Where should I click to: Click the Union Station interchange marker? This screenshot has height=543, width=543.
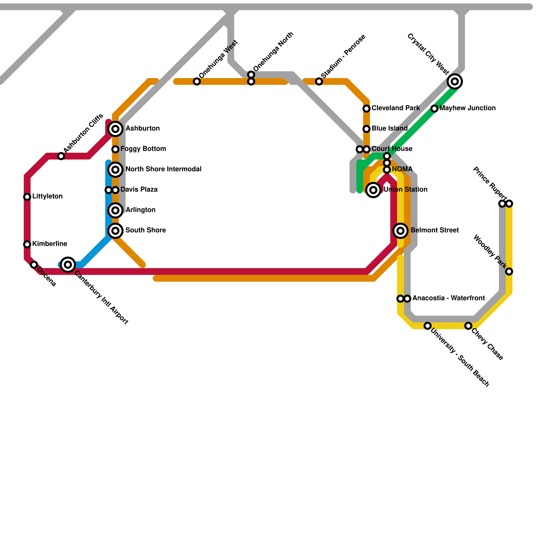373,190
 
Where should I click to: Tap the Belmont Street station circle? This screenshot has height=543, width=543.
400,231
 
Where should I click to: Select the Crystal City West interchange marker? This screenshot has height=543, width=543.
455,81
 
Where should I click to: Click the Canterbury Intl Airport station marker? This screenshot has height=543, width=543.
68,264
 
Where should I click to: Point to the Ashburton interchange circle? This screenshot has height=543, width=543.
115,129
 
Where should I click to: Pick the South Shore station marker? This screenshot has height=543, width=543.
115,231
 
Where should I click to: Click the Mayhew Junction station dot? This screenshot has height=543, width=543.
434,109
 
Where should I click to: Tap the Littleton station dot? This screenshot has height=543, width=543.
27,197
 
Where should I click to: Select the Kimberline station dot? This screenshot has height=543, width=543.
27,244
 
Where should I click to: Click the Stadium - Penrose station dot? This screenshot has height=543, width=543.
319,81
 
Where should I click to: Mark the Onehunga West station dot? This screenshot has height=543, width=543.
197,81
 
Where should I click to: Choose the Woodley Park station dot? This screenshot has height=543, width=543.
509,271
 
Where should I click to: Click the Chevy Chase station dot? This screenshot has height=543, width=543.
468,326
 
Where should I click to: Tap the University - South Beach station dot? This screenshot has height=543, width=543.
428,326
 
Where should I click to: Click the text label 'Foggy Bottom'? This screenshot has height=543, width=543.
143,149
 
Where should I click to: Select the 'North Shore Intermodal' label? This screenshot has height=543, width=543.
163,169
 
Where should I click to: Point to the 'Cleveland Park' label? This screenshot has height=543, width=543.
395,108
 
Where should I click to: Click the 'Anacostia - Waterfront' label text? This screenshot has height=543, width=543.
448,298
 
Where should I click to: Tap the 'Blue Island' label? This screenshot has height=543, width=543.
389,129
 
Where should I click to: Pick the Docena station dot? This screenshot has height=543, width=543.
34,265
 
